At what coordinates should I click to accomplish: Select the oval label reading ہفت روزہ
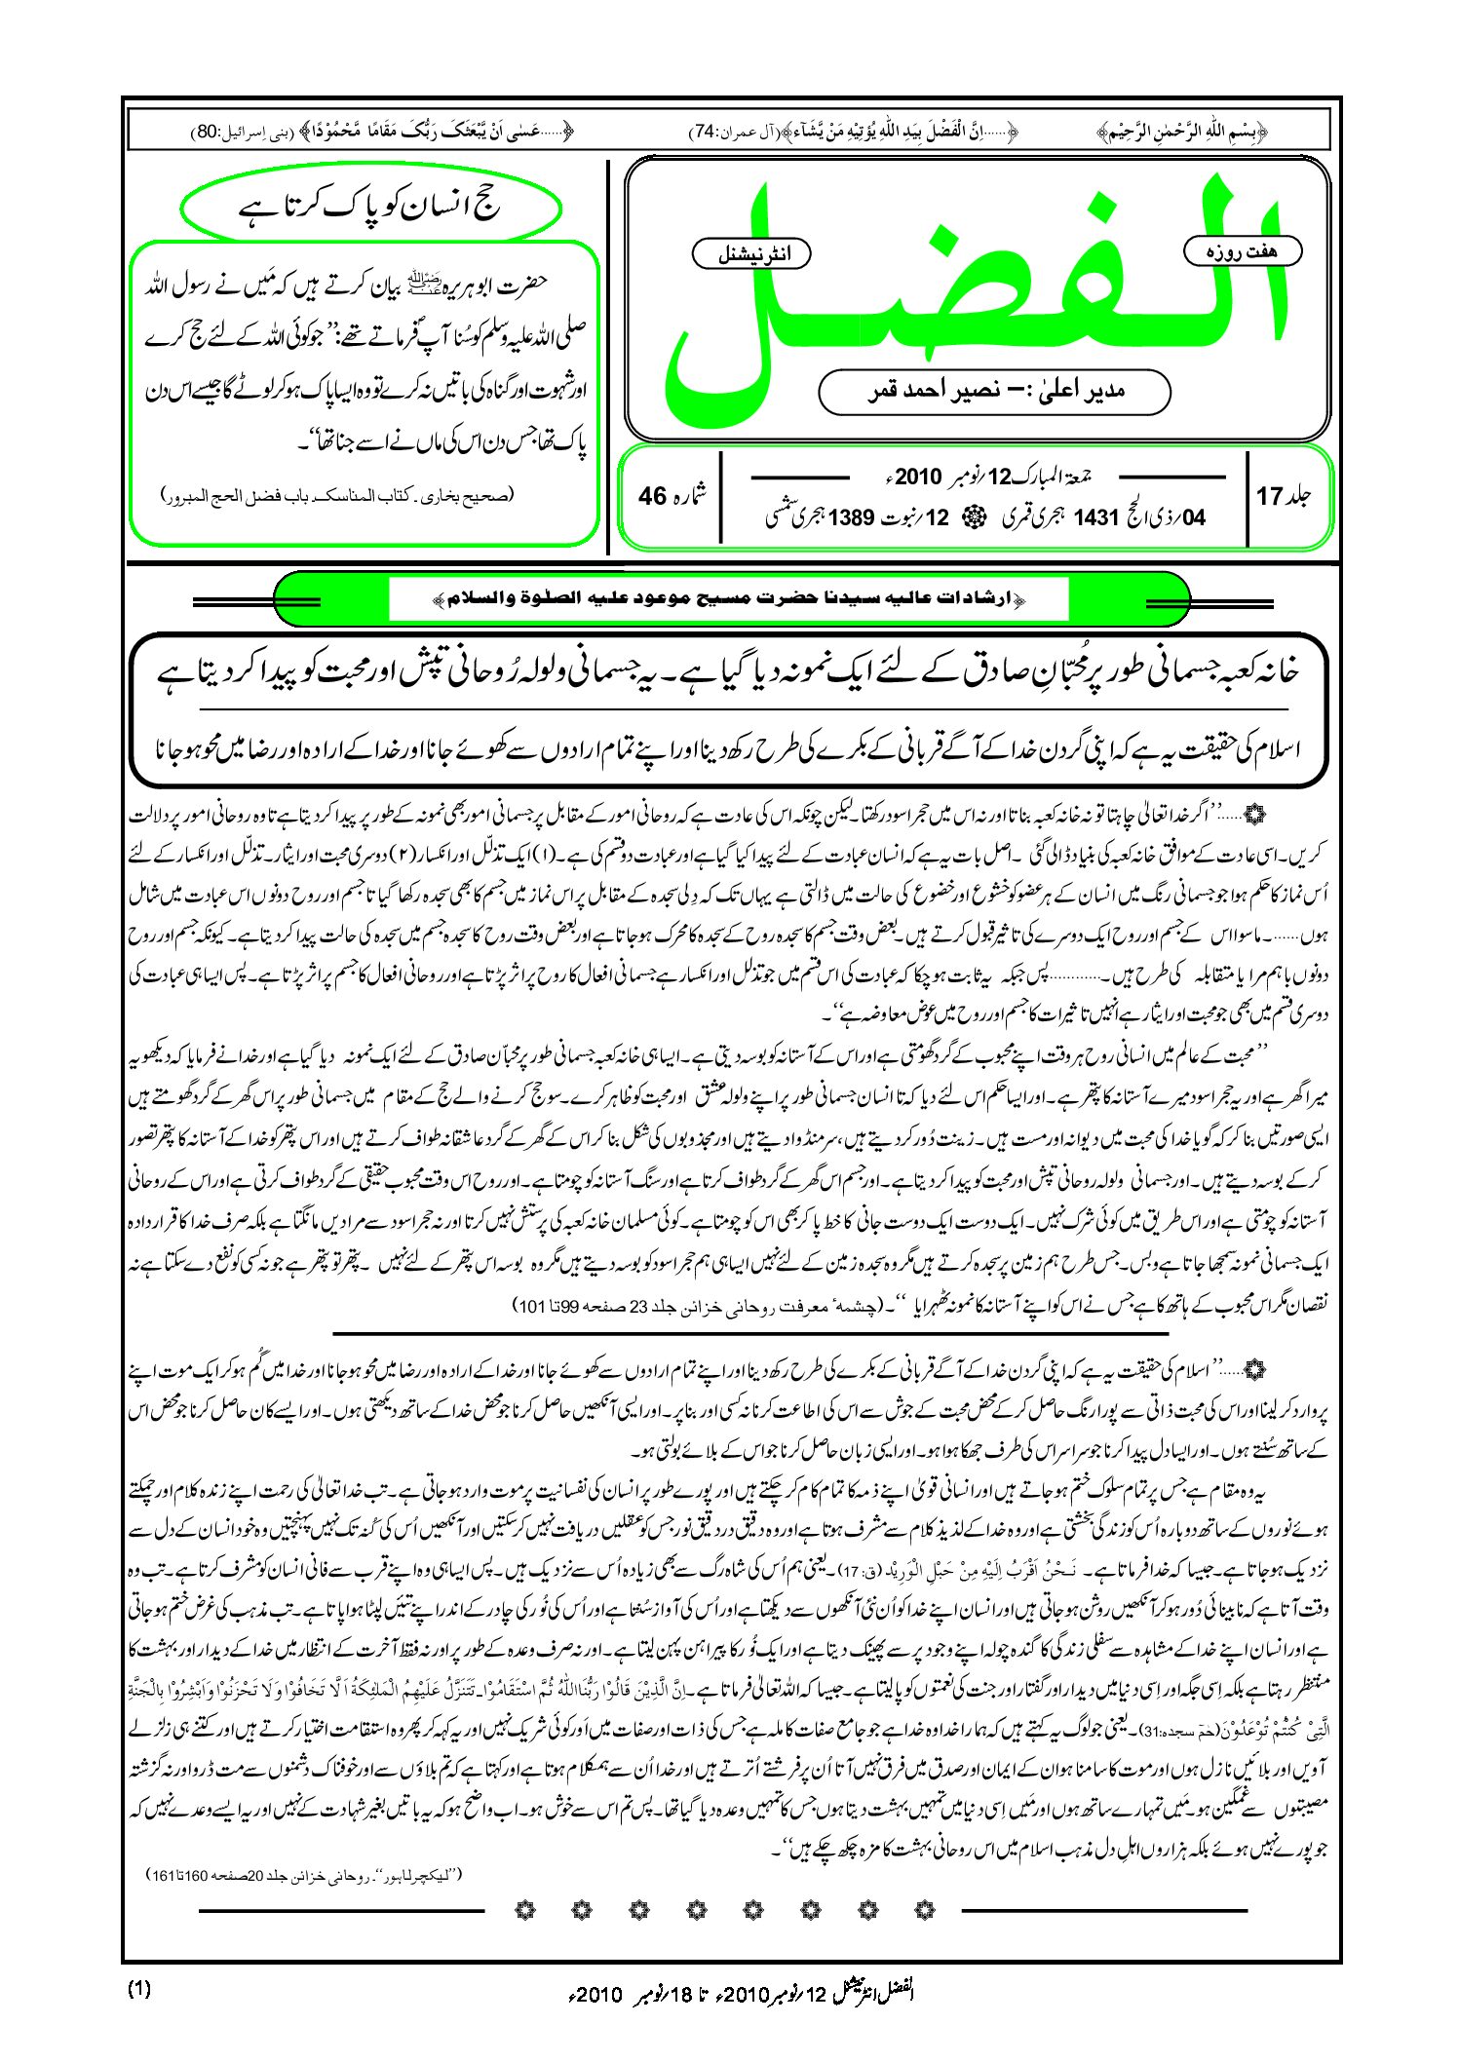1242,251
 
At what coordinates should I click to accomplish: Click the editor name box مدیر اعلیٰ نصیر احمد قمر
994,392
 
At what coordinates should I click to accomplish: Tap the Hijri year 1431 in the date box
1095,517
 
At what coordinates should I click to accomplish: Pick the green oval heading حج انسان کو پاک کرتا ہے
370,208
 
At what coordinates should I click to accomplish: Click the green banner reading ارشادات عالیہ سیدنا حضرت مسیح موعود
731,598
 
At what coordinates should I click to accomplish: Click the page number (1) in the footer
139,1989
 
